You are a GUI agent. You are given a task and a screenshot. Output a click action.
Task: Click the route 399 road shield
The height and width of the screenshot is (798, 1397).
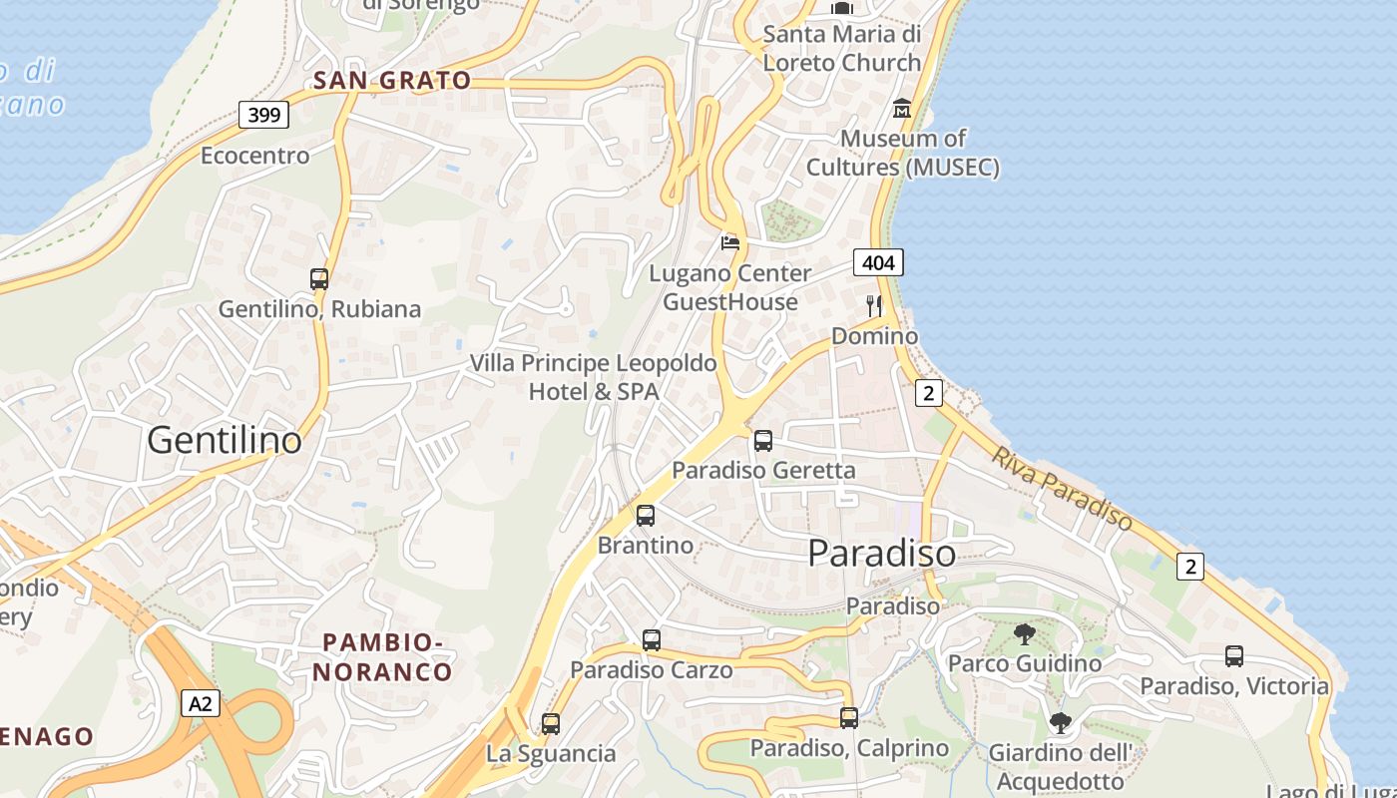264,115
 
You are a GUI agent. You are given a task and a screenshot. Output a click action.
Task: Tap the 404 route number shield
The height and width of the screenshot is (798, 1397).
878,262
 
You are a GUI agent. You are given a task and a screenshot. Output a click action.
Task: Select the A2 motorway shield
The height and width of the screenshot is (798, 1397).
202,703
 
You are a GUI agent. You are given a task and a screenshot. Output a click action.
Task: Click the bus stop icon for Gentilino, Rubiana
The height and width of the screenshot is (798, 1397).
319,279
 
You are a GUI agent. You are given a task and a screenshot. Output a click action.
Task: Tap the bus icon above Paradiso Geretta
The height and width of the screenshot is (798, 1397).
763,440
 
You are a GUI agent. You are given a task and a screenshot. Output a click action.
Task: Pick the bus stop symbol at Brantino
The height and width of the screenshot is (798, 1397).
646,516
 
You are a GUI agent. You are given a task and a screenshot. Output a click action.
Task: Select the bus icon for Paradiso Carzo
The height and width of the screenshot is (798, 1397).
652,640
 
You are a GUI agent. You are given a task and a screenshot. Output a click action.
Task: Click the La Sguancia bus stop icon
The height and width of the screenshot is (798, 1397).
551,724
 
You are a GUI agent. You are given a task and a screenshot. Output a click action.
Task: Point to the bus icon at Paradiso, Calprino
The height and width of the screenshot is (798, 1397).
849,718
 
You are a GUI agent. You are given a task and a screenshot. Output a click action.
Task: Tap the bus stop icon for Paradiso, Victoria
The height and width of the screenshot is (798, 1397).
1234,656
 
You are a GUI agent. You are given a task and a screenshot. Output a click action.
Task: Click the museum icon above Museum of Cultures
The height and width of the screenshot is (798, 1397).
902,108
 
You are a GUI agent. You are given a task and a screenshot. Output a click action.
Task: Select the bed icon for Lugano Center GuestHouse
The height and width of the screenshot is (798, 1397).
730,242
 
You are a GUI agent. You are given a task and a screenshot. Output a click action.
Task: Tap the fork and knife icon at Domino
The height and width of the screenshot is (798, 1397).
874,305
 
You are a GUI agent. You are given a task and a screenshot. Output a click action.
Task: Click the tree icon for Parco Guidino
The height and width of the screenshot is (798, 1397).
1024,633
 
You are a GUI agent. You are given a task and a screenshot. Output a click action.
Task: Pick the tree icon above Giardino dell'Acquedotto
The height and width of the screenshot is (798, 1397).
1060,723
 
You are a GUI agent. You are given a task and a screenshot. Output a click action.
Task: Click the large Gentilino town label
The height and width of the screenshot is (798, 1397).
225,440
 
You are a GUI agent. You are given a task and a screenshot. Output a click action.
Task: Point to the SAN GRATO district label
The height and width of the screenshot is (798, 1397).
391,81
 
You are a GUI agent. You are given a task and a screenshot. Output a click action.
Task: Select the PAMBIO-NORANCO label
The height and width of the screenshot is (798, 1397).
382,656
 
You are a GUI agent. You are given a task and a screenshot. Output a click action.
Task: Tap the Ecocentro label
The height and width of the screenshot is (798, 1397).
255,156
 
